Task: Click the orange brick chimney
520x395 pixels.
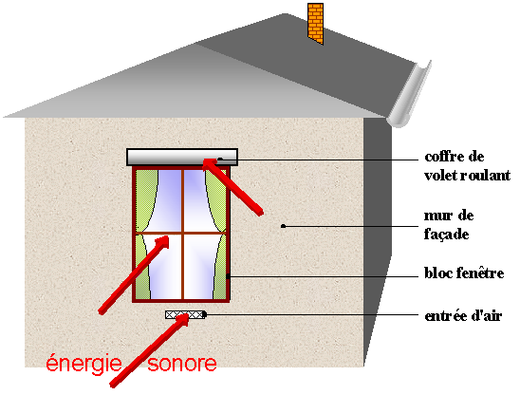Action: coord(315,23)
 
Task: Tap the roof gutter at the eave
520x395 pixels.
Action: coord(410,95)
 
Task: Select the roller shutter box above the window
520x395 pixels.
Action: coord(182,157)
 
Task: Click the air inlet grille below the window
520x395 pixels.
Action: coord(185,314)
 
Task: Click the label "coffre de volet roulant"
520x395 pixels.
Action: coord(467,166)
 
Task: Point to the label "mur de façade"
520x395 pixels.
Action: coord(449,225)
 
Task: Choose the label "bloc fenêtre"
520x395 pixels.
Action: coord(464,273)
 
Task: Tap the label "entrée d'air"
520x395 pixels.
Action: coord(463,315)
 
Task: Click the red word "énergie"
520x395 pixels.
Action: coord(84,364)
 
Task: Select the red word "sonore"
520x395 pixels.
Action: coord(182,364)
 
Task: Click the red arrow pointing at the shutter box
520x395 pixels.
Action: coord(233,187)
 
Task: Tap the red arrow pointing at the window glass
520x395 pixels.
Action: coord(134,274)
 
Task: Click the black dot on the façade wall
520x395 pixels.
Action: coord(283,226)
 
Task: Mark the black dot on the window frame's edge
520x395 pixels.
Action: coord(228,276)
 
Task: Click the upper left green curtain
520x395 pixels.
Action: coord(145,199)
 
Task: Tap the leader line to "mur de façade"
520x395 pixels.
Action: coord(351,226)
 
